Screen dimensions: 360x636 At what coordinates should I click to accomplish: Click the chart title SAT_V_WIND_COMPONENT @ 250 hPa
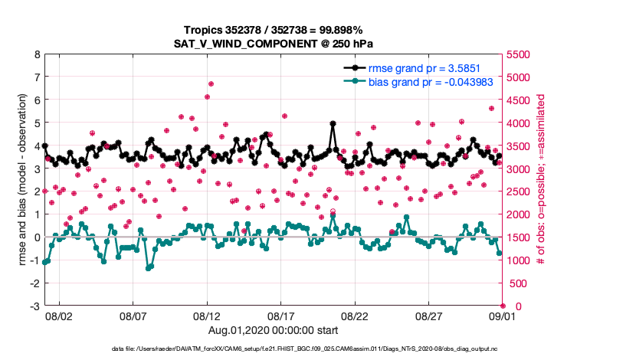(x=274, y=44)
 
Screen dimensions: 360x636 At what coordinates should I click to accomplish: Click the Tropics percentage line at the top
(x=274, y=30)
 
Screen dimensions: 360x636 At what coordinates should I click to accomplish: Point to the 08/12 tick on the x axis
(x=207, y=315)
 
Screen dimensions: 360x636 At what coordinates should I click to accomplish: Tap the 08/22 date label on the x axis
(x=356, y=315)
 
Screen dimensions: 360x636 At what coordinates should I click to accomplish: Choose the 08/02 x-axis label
(x=59, y=315)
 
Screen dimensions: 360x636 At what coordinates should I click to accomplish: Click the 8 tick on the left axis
(x=37, y=54)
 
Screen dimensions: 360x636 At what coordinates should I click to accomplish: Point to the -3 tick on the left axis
(x=34, y=306)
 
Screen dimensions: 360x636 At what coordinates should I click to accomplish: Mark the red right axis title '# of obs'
(x=541, y=180)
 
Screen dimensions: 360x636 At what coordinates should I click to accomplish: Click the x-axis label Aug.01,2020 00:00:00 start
(x=274, y=330)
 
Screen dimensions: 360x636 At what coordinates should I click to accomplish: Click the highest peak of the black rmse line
(x=333, y=123)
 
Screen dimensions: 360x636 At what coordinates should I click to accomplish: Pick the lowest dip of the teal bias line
(x=149, y=268)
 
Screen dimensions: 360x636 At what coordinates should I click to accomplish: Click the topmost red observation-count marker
(x=211, y=83)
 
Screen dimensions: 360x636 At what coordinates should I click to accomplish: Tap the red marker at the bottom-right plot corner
(x=503, y=306)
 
